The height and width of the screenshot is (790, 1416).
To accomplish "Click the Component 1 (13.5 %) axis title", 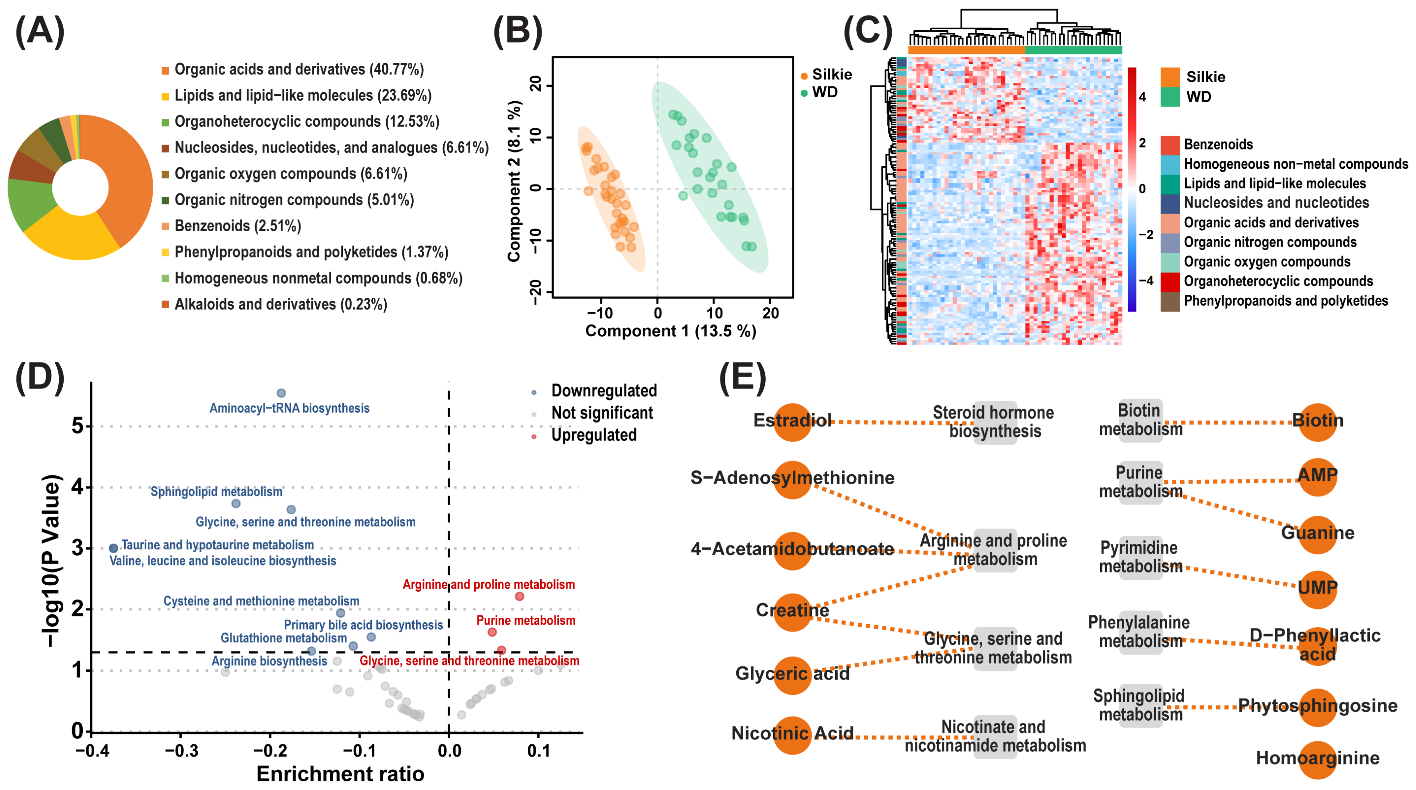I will (x=671, y=331).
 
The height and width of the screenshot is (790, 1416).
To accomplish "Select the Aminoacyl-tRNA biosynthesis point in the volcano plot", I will (x=281, y=393).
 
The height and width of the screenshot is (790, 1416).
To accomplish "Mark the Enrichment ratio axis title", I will (x=340, y=774).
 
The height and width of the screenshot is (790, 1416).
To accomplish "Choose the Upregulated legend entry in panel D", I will (x=594, y=435).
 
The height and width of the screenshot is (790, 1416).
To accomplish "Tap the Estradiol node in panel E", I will (x=792, y=421).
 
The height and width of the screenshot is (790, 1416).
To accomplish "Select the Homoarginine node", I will (x=1317, y=759).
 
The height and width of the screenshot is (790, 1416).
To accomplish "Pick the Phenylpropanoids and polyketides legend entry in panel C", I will (x=1285, y=301).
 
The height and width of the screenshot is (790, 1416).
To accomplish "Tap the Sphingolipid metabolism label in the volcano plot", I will (x=217, y=491).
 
